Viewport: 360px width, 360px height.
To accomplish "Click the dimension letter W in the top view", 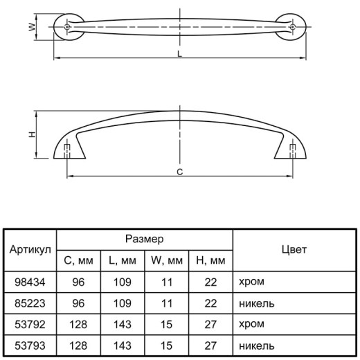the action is pos(33,27).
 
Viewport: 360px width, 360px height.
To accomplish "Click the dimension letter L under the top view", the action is pos(179,54).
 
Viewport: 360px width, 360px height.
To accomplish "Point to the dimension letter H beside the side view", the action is pos(33,134).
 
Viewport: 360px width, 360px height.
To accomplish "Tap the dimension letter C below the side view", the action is pos(179,172).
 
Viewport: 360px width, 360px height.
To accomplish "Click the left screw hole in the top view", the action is pos(67,27).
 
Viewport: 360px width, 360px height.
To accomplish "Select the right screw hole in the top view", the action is pos(293,27).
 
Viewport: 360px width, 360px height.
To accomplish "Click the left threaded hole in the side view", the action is pos(67,151).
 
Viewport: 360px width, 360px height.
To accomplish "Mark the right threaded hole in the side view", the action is pos(293,151).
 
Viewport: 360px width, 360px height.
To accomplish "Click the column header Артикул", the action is pos(30,250).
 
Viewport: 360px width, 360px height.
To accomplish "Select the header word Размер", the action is pos(145,239).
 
